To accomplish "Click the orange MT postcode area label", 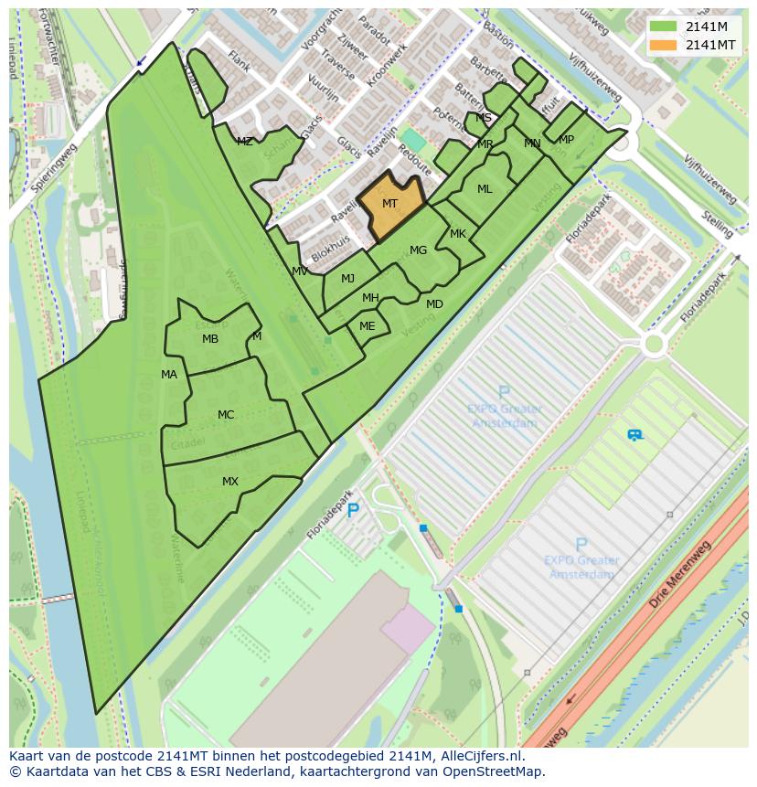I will pos(389,204).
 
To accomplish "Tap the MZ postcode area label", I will pos(244,142).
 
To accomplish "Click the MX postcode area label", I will pos(229,482).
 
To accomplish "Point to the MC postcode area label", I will pos(226,415).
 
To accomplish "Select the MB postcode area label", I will pos(210,339).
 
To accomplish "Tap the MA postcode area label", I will pos(169,375).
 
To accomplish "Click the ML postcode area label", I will pos(485,189).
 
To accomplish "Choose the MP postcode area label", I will pos(566,140).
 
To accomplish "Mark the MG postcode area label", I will pos(418,250).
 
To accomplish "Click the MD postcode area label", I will pos(434,304).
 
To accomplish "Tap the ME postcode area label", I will pos(367,326).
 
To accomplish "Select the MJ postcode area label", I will pos(347,279).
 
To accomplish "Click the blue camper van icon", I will pos(634,435).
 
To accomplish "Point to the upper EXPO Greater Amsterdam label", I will pos(505,416).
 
